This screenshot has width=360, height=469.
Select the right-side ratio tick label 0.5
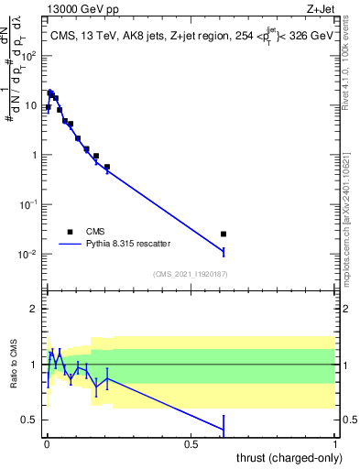click(x=348, y=420)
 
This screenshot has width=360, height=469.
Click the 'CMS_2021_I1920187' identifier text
click(x=191, y=274)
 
